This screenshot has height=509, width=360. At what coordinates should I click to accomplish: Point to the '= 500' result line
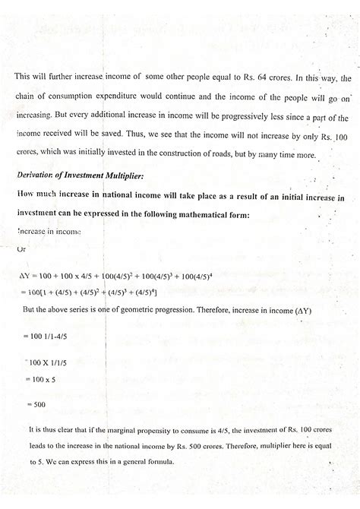coord(36,405)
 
